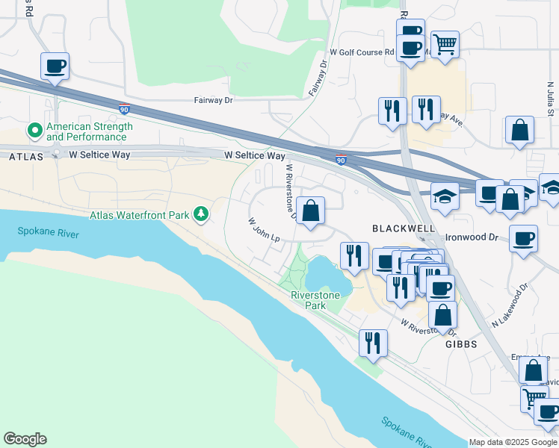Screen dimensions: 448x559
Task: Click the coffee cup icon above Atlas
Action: click(55, 66)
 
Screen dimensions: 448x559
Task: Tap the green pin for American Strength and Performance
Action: click(34, 131)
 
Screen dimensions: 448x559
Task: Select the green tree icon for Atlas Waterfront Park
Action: click(200, 215)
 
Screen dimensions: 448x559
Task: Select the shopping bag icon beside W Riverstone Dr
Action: click(310, 211)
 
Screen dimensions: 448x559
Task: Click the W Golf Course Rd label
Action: click(362, 52)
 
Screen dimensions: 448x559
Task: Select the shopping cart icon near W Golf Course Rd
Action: click(445, 45)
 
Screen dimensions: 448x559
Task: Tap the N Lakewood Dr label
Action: click(510, 305)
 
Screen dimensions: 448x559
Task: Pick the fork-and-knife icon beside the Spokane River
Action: click(372, 343)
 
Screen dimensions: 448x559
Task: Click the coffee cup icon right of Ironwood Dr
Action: click(524, 239)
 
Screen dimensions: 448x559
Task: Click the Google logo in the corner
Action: click(25, 439)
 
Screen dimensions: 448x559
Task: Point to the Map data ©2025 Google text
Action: click(513, 442)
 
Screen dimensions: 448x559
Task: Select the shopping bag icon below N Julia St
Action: click(519, 130)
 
